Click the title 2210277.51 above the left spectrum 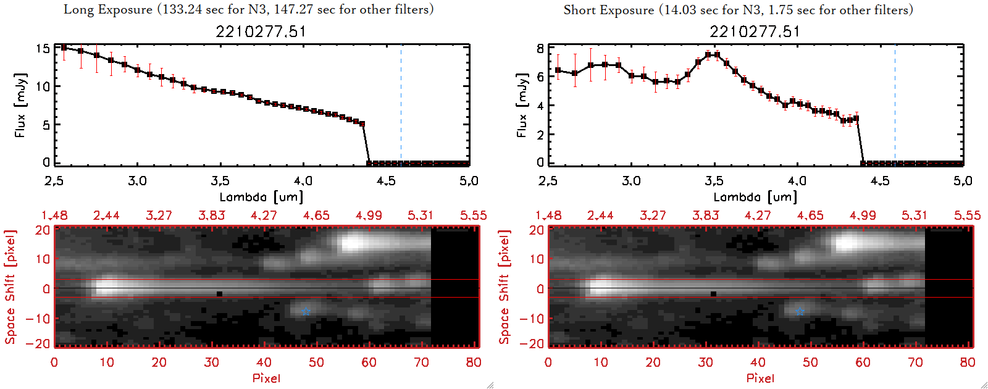click(261, 31)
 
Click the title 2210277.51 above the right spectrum click(755, 31)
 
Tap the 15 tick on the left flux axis click(43, 48)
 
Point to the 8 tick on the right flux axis click(540, 48)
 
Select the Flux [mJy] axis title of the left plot click(20, 105)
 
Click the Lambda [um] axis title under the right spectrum click(755, 197)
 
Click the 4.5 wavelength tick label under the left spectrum click(386, 181)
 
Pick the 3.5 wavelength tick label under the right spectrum click(714, 181)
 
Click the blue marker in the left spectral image click(306, 312)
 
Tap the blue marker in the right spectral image click(800, 312)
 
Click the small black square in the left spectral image click(219, 294)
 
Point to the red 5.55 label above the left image click(473, 215)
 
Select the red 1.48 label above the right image click(548, 215)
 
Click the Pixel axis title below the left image click(266, 378)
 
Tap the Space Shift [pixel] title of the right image click(504, 287)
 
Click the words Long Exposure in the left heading click(108, 9)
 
